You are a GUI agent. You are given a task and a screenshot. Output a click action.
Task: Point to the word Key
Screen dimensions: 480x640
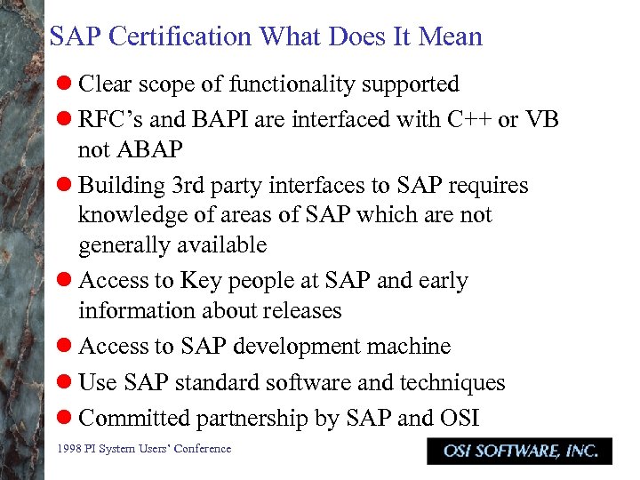200,281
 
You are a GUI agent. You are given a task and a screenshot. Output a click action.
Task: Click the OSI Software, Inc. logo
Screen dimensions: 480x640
519,451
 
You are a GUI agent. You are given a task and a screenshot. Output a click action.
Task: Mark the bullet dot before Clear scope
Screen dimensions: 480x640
63,84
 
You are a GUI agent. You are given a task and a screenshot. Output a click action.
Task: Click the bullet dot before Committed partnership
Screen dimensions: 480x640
63,418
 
